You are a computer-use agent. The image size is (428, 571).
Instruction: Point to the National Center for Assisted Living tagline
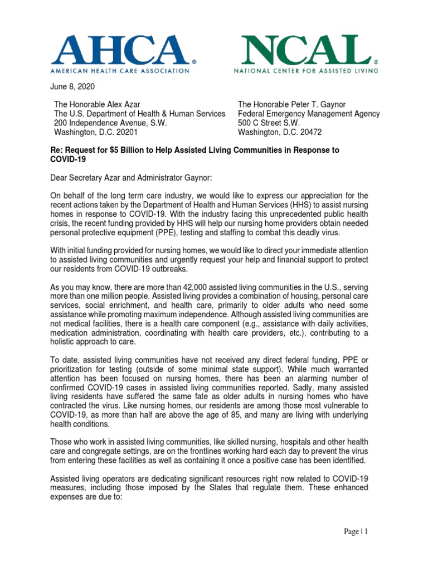305,71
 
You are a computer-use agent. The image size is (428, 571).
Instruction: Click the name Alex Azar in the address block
120,104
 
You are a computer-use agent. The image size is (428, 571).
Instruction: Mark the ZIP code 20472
308,133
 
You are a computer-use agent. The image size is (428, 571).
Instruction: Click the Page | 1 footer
356,532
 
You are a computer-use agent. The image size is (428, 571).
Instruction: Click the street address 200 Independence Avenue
110,123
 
